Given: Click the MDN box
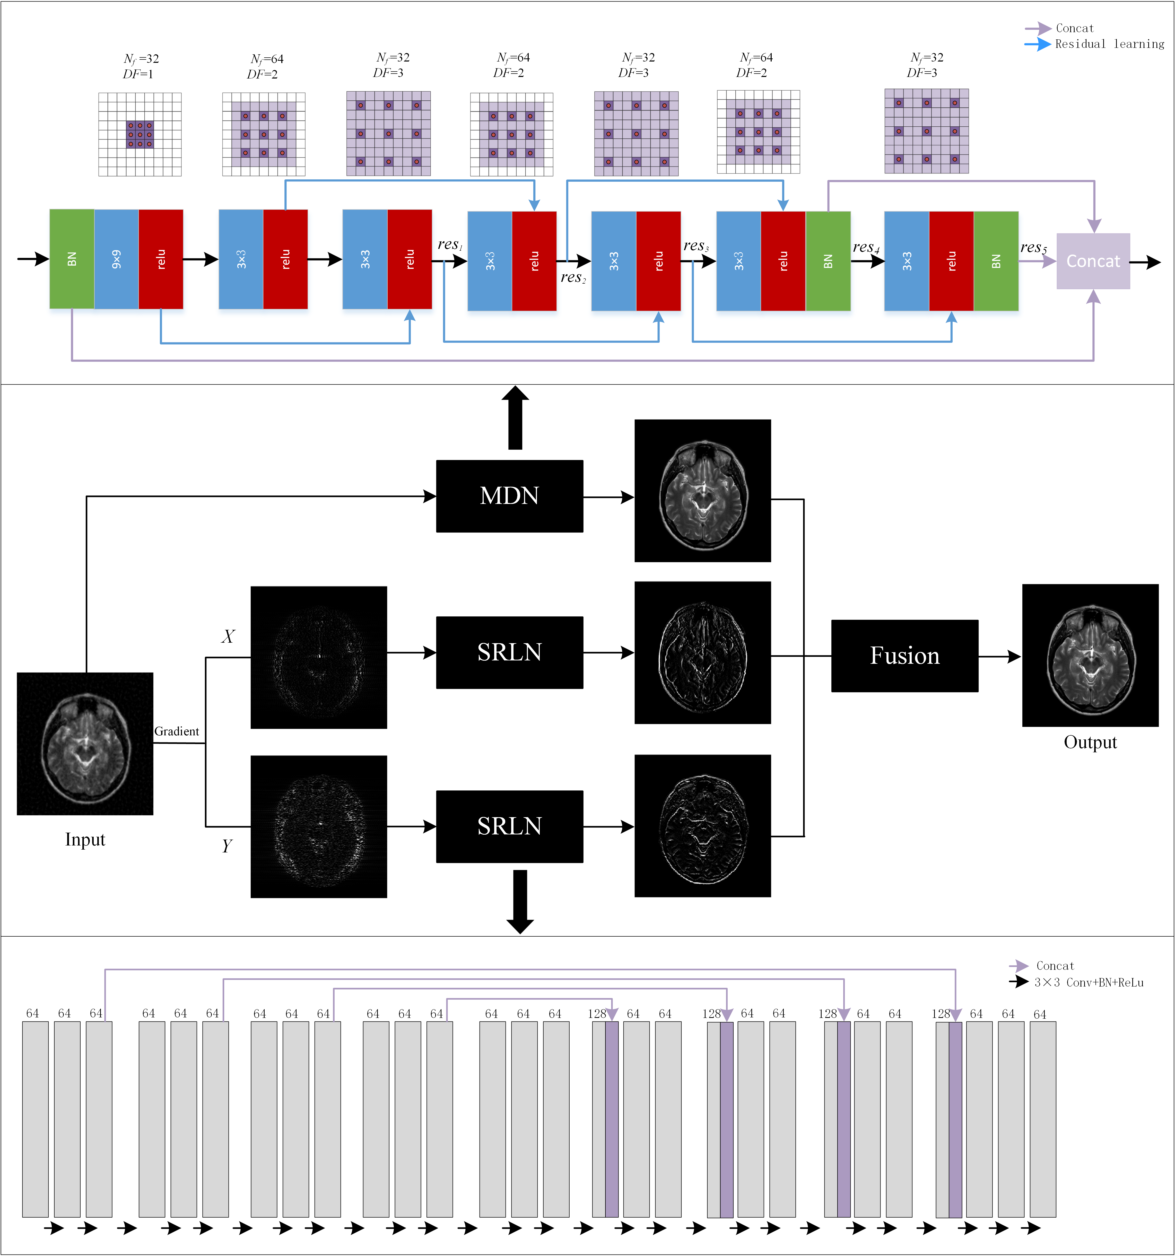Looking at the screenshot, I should pos(509,496).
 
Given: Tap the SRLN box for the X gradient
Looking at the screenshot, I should pos(509,652).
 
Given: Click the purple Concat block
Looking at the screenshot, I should pos(1093,261).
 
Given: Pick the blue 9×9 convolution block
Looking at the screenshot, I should pos(116,259).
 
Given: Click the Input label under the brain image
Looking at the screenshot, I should pos(85,839).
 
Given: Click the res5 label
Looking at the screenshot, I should pos(1033,248).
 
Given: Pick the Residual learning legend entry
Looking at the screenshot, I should pos(1109,43).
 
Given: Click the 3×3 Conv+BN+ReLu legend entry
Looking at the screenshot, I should pos(1088,982).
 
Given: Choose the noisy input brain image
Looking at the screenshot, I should pos(85,744).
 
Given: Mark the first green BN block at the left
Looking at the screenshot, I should pos(72,259).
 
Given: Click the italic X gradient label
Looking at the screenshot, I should pos(228,636).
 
